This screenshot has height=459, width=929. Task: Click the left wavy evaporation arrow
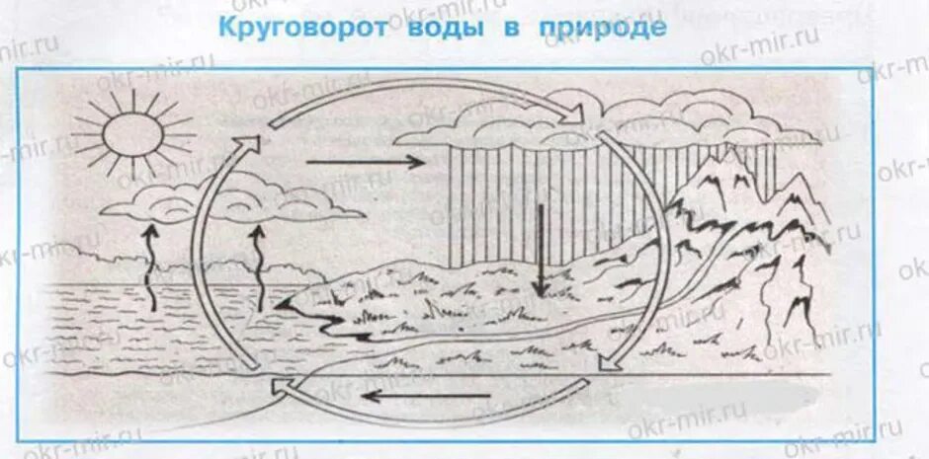150,267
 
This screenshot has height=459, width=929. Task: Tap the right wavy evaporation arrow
260,267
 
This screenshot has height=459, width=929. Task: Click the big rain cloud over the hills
514,123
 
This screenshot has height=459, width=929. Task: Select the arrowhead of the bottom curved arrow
283,385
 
